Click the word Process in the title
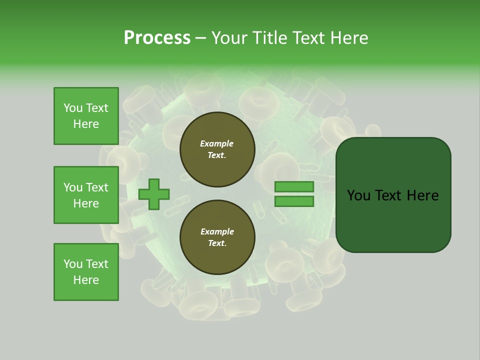[157, 38]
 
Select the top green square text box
[86, 116]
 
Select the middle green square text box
[86, 195]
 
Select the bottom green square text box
[86, 272]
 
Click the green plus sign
[154, 194]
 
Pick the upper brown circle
[217, 149]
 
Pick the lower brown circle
[217, 237]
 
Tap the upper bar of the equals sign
[294, 186]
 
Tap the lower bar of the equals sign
[294, 201]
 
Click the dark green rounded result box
[393, 220]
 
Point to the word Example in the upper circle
[217, 143]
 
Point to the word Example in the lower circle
[217, 231]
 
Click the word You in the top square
[72, 108]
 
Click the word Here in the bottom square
[86, 280]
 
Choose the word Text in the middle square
[96, 187]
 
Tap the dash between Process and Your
[201, 38]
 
